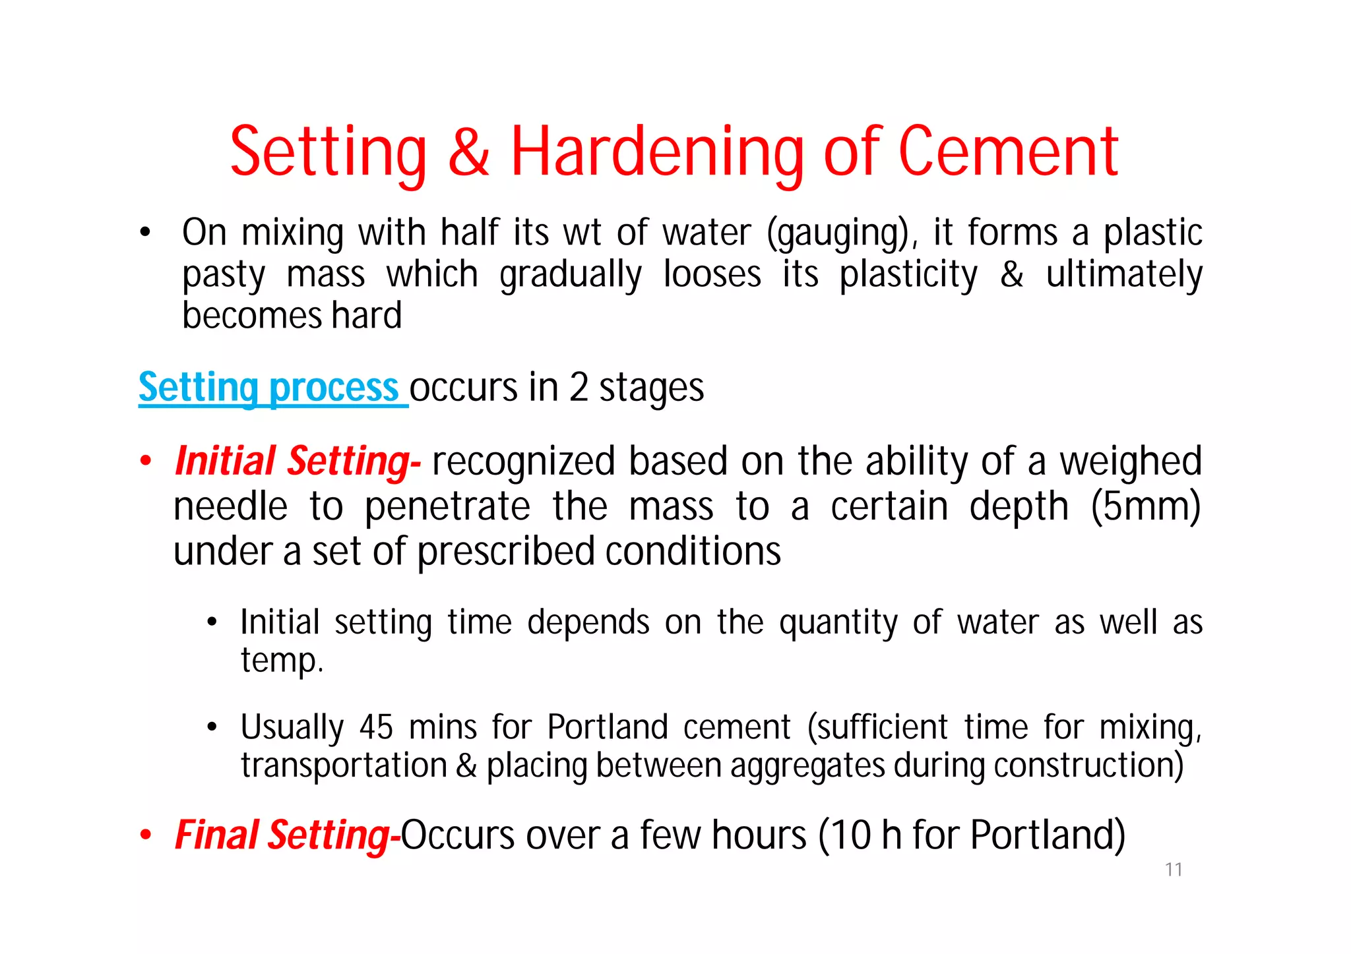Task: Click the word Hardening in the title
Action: pyautogui.click(x=657, y=153)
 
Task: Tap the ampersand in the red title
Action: pyautogui.click(x=469, y=153)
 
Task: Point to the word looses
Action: pyautogui.click(x=712, y=274)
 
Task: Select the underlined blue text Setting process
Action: pyautogui.click(x=268, y=388)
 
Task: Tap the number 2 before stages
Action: pyautogui.click(x=578, y=388)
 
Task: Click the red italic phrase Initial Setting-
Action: pyautogui.click(x=298, y=461)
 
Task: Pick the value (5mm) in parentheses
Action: pyautogui.click(x=1145, y=507)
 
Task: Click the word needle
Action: pyautogui.click(x=230, y=507)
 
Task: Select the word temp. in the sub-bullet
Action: pyautogui.click(x=282, y=661)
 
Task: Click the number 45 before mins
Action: pyautogui.click(x=376, y=728)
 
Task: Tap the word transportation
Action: pyautogui.click(x=344, y=766)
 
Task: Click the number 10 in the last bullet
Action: pyautogui.click(x=851, y=835)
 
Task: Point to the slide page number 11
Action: pyautogui.click(x=1174, y=870)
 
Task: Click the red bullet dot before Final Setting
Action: pyautogui.click(x=146, y=836)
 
